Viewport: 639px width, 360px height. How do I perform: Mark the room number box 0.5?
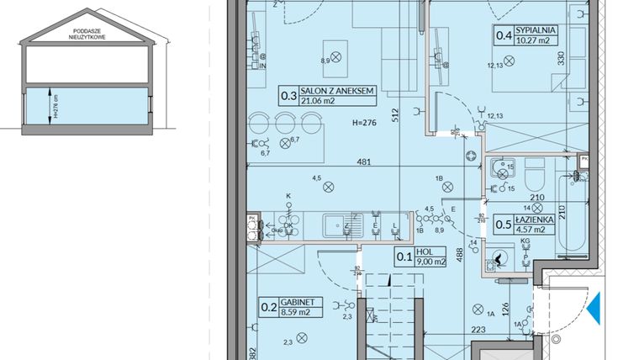504,224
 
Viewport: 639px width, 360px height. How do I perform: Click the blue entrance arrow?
593,308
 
